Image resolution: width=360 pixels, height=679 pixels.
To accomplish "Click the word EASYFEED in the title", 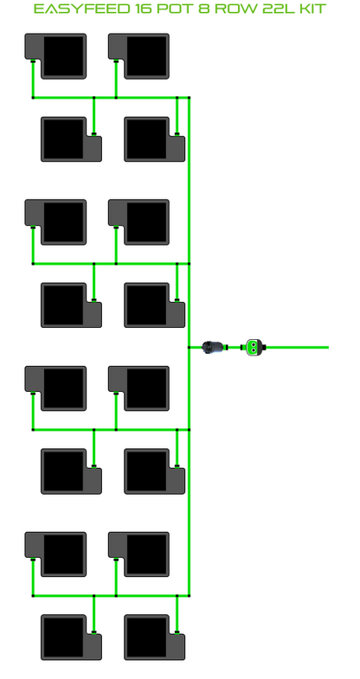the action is click(80, 9).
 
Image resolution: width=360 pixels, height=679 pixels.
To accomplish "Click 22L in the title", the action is click(276, 9).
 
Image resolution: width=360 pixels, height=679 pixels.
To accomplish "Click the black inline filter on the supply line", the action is click(214, 347).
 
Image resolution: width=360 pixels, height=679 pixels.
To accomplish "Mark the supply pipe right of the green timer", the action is click(297, 348).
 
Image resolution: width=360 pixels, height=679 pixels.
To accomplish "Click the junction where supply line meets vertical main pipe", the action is click(189, 348).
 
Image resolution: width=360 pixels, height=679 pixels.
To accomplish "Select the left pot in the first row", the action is click(55, 56).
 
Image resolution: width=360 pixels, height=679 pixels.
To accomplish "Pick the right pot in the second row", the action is click(155, 139).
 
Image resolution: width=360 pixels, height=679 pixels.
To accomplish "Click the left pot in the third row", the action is click(55, 222).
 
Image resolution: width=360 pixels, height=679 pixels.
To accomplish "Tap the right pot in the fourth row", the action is click(155, 305).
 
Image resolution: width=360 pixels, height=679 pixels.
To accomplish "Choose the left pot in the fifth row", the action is click(55, 388).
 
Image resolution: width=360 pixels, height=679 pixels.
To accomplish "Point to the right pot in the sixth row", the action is click(155, 471).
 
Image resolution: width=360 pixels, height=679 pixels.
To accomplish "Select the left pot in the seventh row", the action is click(55, 554).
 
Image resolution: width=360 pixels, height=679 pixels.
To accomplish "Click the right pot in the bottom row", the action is click(155, 637).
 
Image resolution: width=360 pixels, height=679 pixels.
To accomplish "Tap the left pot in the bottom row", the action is click(72, 637).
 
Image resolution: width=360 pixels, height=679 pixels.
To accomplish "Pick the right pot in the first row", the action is click(138, 56).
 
